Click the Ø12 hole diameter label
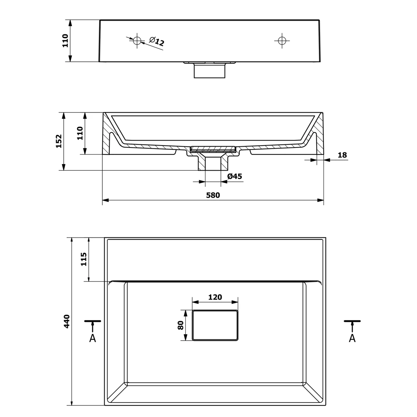(157, 41)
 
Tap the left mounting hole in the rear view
(137, 41)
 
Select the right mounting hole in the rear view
(282, 41)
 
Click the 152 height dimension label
(59, 141)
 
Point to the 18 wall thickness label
(342, 155)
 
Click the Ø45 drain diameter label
(235, 176)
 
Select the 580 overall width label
(213, 195)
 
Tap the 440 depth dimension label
(66, 321)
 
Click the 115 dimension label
(83, 259)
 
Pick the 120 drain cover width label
(215, 297)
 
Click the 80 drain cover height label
(181, 325)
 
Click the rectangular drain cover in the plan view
(215, 325)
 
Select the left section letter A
(93, 338)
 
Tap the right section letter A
(352, 338)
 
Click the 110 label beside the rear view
(65, 41)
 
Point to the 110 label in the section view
(80, 133)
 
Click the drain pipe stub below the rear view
(210, 70)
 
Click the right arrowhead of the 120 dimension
(235, 302)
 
